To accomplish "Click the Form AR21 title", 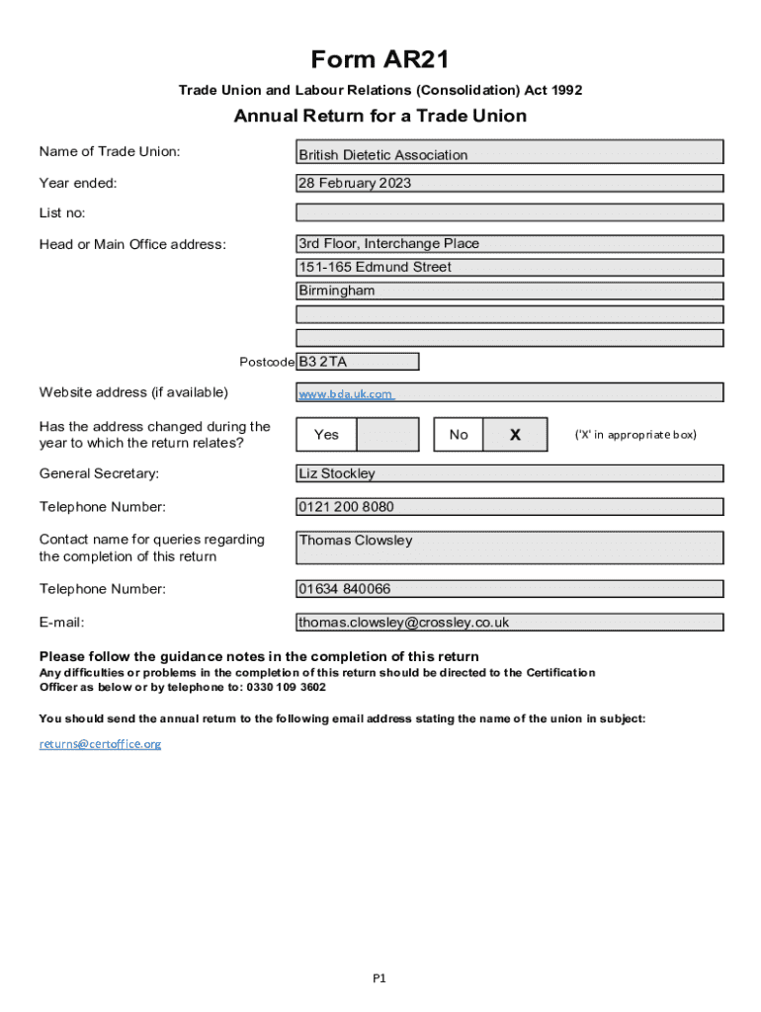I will [x=380, y=60].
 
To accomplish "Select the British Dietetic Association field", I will [x=509, y=152].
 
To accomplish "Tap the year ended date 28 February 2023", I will [x=509, y=183].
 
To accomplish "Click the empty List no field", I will [x=509, y=212].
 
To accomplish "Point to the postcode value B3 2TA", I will [x=357, y=362].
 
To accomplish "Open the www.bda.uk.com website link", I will [x=346, y=394].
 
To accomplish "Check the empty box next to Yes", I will [x=386, y=435].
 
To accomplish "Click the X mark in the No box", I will [x=515, y=435].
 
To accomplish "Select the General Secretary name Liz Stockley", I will [x=509, y=473].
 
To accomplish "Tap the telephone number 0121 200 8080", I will [x=509, y=507].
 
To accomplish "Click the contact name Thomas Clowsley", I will [x=509, y=547].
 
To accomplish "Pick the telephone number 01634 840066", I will [x=509, y=589].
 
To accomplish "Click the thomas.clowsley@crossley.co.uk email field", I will [x=509, y=623].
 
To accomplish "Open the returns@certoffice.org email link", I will [x=100, y=743].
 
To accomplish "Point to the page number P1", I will [x=380, y=978].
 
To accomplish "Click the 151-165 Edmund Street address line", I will [x=509, y=267].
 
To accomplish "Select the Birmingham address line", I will [x=509, y=291].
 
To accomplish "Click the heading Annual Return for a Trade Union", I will [x=380, y=117].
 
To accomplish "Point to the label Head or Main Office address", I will [x=132, y=244].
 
